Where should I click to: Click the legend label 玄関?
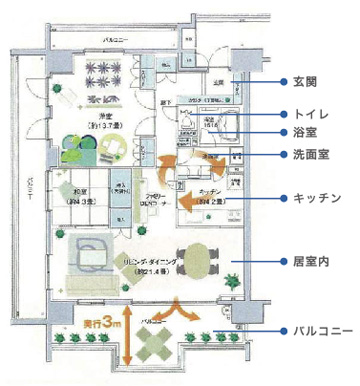(x=304, y=80)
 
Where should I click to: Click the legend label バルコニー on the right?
(x=320, y=328)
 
